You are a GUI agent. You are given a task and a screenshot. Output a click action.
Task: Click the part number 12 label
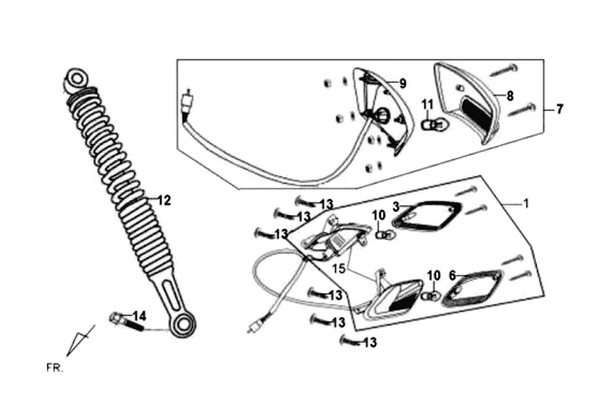(164, 200)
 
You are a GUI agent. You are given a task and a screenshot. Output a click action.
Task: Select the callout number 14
(139, 315)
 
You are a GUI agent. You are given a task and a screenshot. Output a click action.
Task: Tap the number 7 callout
(560, 110)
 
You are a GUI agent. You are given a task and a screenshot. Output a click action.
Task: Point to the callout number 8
(510, 96)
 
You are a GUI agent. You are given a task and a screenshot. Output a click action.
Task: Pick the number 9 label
(403, 83)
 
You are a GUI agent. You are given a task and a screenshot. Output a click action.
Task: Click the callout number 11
(427, 104)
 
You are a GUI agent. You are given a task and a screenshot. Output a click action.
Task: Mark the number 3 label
(396, 206)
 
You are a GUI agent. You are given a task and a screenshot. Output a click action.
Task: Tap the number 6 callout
(452, 275)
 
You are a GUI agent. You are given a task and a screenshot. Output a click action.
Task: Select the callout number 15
(338, 268)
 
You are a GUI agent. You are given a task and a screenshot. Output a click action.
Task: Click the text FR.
(55, 368)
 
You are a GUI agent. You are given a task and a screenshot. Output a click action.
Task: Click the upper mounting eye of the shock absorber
(75, 78)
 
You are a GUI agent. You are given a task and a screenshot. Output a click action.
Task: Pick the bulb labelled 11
(430, 121)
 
